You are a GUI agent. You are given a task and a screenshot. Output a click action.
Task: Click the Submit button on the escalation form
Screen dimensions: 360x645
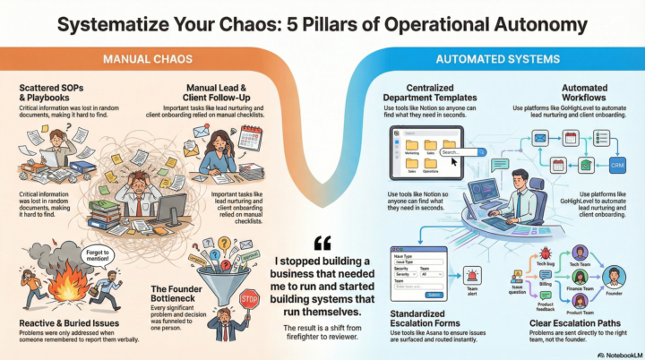point(434,294)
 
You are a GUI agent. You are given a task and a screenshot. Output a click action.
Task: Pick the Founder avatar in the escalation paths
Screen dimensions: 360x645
point(614,275)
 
